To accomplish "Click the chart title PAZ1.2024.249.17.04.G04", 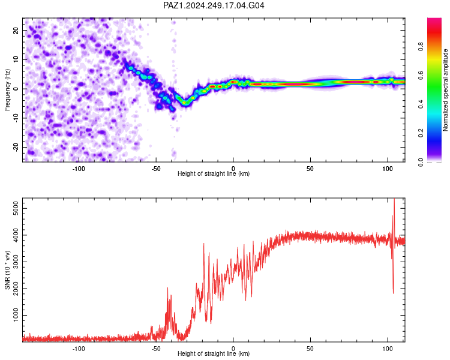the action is [214, 5].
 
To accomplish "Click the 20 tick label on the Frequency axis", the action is [16, 30].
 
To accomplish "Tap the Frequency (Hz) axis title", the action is [7, 90].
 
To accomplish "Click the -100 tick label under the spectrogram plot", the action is [79, 169].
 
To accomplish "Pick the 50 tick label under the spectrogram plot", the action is [310, 169].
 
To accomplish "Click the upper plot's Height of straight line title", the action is [214, 173].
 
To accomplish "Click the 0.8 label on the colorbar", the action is [421, 46].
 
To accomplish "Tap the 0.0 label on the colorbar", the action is [421, 162].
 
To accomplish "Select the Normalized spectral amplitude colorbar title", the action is [445, 90].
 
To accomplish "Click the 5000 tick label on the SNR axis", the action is [16, 208].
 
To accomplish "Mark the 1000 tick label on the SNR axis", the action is [16, 315].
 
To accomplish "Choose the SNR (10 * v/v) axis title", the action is [7, 270].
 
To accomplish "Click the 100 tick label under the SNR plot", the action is [388, 349].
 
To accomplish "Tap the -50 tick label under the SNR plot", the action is [156, 349].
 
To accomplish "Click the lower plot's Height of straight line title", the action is [214, 353].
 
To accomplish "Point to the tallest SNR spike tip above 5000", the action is [394, 199].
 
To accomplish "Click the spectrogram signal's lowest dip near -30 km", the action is [185, 103].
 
